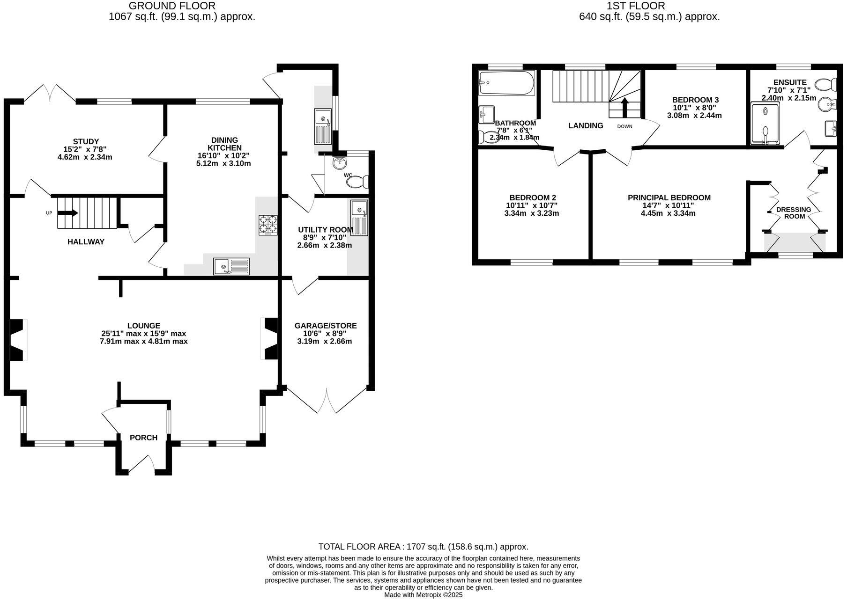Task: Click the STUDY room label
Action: pos(86,141)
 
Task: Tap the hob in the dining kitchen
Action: pos(267,224)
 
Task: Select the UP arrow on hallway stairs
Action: pos(68,213)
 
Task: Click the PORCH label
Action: pos(143,438)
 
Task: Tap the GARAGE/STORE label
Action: pos(325,326)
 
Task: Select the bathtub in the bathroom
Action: pos(506,83)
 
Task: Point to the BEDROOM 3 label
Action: pos(695,100)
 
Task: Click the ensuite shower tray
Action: pos(765,124)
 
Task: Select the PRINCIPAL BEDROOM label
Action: pos(669,197)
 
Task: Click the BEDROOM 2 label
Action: pos(533,197)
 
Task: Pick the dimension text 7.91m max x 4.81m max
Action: pos(143,341)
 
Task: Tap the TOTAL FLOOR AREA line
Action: pos(423,547)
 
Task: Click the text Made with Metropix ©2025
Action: pos(423,595)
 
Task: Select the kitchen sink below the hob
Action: pos(231,266)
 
